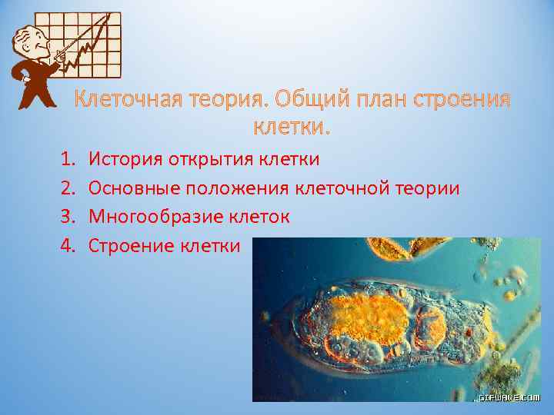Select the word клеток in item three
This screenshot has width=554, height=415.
260,217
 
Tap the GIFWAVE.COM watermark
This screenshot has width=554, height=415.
509,397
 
